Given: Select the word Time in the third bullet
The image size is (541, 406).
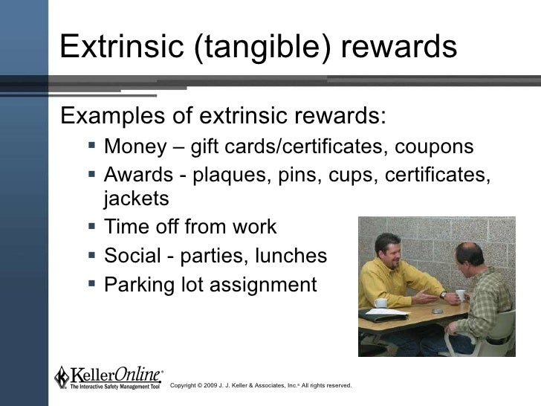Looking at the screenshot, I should point(125,227).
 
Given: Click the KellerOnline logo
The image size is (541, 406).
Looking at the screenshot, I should point(108,377).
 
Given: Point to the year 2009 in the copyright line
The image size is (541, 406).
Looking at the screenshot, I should point(218,385).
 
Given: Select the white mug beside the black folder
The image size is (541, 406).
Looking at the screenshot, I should point(380,303).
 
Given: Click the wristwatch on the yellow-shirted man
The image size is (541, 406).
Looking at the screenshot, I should point(443,294).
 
